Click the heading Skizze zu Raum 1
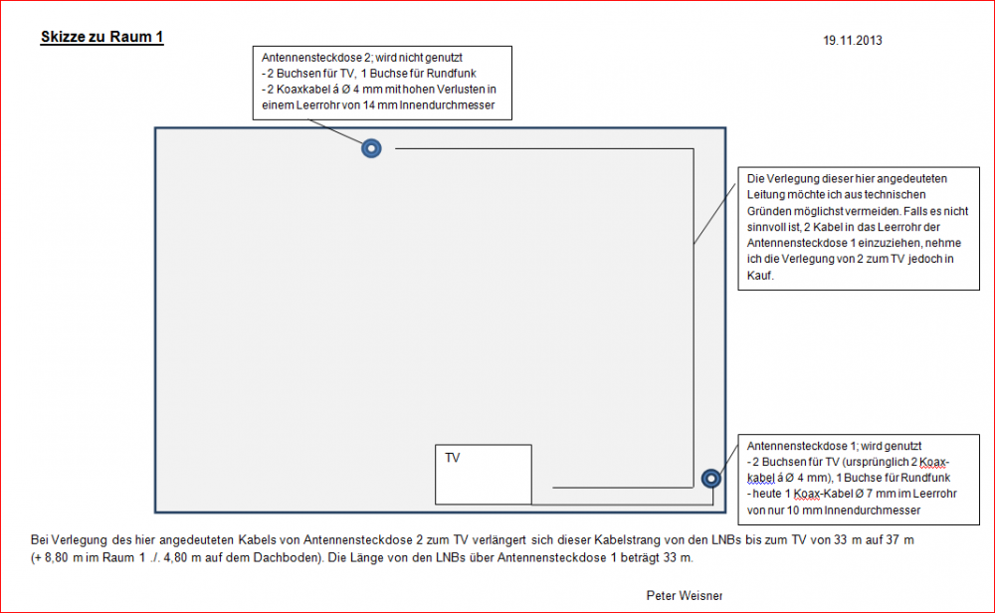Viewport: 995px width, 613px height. [x=102, y=37]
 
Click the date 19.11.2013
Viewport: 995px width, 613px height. [x=853, y=41]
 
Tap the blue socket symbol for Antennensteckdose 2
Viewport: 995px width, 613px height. [x=371, y=148]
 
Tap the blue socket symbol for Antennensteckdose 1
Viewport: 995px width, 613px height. [x=710, y=478]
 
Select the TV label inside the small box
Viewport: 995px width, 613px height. [x=453, y=458]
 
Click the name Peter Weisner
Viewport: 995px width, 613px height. [x=685, y=595]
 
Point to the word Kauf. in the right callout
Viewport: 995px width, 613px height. [x=760, y=276]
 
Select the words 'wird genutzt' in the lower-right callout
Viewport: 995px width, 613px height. [x=891, y=446]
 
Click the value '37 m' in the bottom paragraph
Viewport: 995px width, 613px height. [x=900, y=540]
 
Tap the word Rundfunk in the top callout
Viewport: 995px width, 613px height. [x=451, y=74]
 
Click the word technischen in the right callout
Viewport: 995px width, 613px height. [x=895, y=195]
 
